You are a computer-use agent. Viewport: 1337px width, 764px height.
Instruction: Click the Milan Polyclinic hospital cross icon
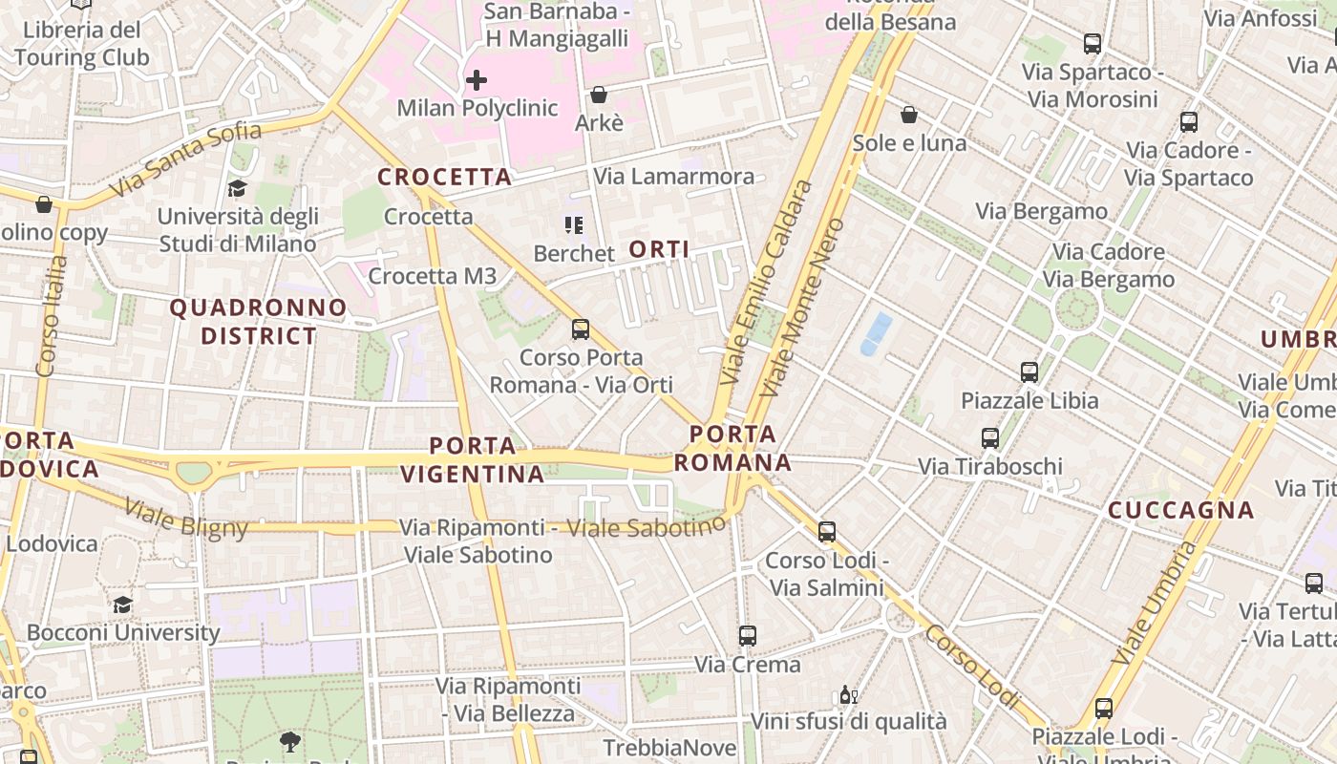point(476,80)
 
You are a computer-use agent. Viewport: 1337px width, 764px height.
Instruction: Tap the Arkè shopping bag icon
point(599,95)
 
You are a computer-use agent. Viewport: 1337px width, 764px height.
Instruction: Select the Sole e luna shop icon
point(909,115)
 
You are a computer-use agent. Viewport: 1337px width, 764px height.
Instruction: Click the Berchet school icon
point(573,225)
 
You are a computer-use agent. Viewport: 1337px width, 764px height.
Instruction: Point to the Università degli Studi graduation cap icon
point(237,189)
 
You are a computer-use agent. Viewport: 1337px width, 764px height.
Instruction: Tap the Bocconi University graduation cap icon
point(122,605)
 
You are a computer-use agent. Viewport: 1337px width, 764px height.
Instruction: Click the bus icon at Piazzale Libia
point(1029,372)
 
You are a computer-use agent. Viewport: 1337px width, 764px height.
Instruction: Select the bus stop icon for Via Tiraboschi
point(990,438)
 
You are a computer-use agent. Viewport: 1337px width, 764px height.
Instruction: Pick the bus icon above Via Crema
point(747,635)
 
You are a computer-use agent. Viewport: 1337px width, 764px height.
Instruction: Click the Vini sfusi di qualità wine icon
point(846,694)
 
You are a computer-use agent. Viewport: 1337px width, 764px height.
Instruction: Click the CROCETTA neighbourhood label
point(444,178)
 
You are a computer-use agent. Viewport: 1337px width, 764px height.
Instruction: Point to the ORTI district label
point(659,249)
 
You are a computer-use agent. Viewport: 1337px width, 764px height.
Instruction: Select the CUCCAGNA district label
point(1180,510)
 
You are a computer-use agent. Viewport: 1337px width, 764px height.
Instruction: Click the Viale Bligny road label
point(186,518)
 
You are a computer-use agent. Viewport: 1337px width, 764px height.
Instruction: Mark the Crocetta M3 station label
point(432,277)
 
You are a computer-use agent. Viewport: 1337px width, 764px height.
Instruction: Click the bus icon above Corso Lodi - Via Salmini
point(827,532)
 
